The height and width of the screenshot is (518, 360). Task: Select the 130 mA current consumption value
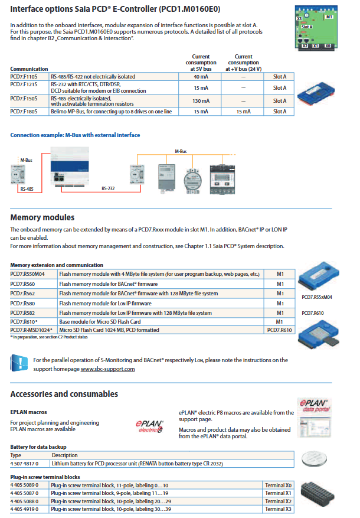[x=201, y=100]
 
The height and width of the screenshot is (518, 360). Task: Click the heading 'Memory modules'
[x=42, y=217]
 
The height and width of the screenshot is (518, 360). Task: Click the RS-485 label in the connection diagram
[x=26, y=190]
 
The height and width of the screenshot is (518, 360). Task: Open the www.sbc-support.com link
[x=108, y=369]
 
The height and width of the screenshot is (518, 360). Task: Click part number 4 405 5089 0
[x=24, y=484]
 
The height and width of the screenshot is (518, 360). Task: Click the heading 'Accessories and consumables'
[x=64, y=393]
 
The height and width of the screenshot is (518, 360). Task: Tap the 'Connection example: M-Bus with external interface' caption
[x=75, y=135]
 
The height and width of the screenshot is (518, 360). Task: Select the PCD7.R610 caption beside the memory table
[x=313, y=313]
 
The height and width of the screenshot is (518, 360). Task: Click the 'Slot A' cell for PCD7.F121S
[x=280, y=87]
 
